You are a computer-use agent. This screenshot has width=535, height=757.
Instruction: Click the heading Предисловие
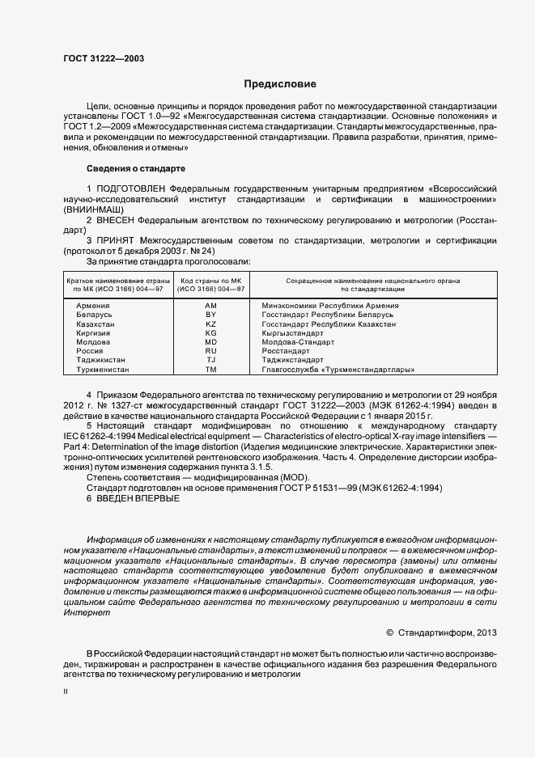pyautogui.click(x=280, y=84)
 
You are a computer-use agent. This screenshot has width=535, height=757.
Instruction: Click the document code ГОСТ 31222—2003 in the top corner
pyautogui.click(x=104, y=58)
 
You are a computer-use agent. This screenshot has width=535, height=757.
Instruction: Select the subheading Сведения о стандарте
pyautogui.click(x=136, y=168)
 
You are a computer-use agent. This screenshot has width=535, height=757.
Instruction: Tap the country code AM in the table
pyautogui.click(x=211, y=304)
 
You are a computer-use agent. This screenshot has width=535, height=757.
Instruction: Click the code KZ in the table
pyautogui.click(x=211, y=323)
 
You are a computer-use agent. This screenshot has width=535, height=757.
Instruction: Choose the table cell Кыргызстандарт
pyautogui.click(x=292, y=332)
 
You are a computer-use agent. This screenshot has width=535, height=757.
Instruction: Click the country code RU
pyautogui.click(x=211, y=351)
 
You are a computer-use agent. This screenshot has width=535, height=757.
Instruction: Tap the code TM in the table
pyautogui.click(x=211, y=369)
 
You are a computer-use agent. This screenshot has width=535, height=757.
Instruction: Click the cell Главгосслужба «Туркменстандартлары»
pyautogui.click(x=338, y=369)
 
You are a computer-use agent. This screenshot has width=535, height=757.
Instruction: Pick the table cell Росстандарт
pyautogui.click(x=286, y=351)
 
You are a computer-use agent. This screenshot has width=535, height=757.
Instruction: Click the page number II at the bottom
pyautogui.click(x=66, y=693)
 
